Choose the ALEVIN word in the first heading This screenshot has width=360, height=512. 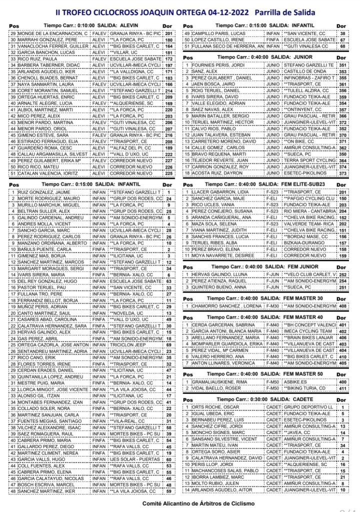132,24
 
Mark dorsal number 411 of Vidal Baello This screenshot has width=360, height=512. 342,388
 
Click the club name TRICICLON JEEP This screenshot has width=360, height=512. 128,345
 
